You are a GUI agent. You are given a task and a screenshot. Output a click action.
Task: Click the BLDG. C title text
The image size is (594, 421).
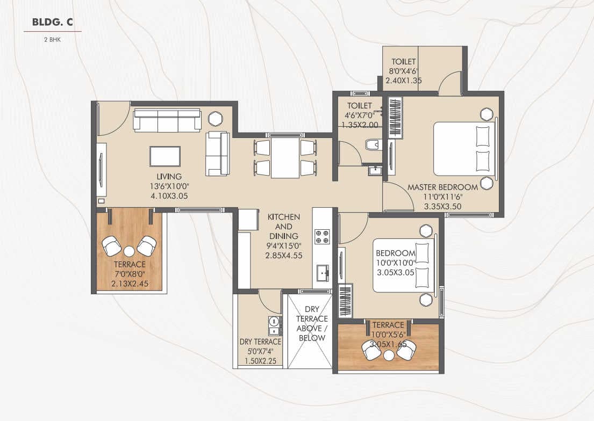pyautogui.click(x=52, y=22)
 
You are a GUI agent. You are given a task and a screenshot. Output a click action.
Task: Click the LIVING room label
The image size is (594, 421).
pyautogui.click(x=169, y=176)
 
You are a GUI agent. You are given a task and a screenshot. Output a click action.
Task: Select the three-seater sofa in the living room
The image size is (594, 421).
pyautogui.click(x=167, y=120)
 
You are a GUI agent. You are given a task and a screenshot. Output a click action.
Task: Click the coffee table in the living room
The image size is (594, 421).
pyautogui.click(x=166, y=156)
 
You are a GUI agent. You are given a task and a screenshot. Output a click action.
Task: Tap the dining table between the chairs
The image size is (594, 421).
pyautogui.click(x=285, y=158)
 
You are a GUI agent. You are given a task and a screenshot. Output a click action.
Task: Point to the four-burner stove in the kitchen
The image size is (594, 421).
pyautogui.click(x=321, y=236)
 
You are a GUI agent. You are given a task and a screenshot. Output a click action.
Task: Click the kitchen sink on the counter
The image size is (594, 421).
pyautogui.click(x=323, y=272)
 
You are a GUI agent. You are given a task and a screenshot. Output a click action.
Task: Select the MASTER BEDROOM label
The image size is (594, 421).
pyautogui.click(x=442, y=187)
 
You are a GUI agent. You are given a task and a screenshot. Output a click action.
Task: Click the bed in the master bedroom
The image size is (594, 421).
pyautogui.click(x=464, y=149)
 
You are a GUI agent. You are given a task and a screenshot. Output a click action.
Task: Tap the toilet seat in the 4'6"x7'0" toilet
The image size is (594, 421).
pyautogui.click(x=373, y=144)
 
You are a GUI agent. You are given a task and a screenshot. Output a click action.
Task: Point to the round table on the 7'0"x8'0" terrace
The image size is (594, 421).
pyautogui.click(x=129, y=251)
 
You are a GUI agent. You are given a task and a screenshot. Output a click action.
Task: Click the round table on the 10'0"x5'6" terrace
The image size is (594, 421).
pyautogui.click(x=389, y=355)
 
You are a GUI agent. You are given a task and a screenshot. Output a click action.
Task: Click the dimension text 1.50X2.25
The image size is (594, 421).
pyautogui.click(x=260, y=361)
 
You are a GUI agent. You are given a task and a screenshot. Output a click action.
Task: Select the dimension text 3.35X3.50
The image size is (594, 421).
pyautogui.click(x=442, y=206)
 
